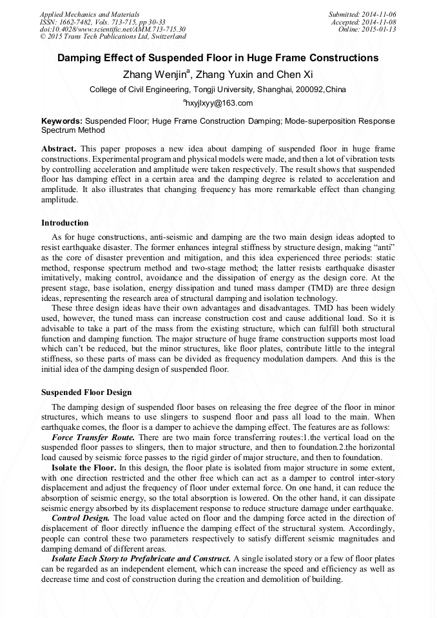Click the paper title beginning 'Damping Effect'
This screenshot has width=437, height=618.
click(218, 58)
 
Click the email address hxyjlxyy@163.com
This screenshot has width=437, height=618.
click(219, 102)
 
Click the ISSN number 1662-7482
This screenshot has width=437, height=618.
click(77, 22)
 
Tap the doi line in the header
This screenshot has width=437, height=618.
click(113, 30)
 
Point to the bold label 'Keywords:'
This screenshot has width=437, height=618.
click(62, 121)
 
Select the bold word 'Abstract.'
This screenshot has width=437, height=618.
click(59, 148)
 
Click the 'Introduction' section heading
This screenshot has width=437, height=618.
click(65, 223)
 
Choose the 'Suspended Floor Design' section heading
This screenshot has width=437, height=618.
click(86, 392)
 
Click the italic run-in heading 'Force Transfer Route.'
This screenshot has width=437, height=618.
click(93, 438)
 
